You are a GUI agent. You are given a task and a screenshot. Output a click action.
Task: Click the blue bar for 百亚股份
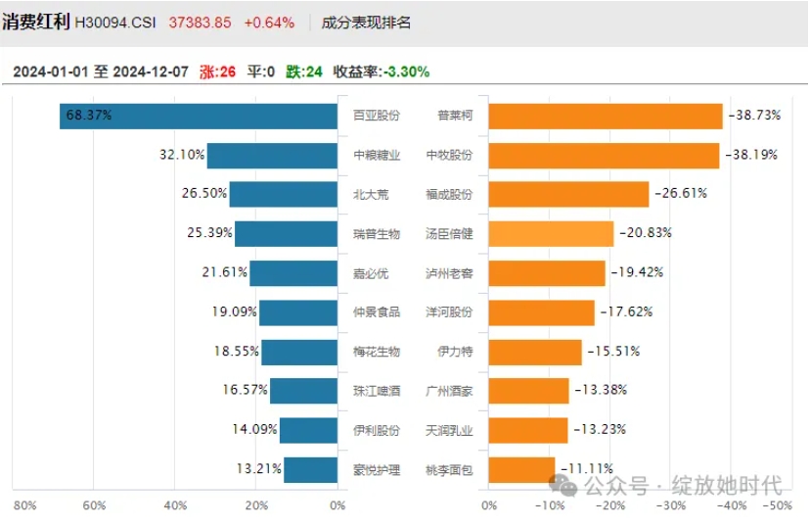click(x=200, y=116)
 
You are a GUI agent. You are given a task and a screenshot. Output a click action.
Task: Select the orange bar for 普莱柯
click(x=605, y=116)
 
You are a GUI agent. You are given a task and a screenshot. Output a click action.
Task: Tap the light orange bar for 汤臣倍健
click(x=550, y=233)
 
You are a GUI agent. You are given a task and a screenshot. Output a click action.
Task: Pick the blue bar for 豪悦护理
click(x=311, y=469)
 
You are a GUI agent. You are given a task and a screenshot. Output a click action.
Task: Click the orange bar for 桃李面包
click(x=520, y=469)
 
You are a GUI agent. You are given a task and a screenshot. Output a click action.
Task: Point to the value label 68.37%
click(x=89, y=116)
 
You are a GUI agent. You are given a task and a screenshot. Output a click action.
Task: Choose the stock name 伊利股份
click(x=376, y=430)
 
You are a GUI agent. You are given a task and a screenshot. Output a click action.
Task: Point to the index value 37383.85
click(x=200, y=23)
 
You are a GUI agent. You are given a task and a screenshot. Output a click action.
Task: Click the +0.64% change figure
click(x=269, y=23)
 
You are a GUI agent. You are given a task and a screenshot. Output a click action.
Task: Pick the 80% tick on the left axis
click(x=25, y=505)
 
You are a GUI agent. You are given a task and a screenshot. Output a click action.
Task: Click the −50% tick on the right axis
click(x=778, y=505)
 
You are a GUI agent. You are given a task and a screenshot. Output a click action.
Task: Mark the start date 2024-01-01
click(x=50, y=72)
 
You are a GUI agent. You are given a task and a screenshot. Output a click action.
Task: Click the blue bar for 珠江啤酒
click(x=304, y=391)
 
